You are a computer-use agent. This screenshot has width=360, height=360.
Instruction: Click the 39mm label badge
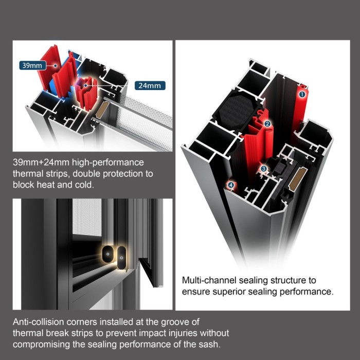pos(32,65)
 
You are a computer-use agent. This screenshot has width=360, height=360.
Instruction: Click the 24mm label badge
pos(150,86)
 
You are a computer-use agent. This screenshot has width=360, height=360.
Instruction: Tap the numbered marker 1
pos(302,94)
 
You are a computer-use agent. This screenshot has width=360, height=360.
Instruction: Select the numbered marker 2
pos(267,124)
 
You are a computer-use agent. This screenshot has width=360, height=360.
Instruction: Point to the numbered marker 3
pos(263,169)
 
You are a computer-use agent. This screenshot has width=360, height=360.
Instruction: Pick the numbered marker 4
pos(231,185)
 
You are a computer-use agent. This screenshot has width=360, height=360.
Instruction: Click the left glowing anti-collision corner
pos(107,254)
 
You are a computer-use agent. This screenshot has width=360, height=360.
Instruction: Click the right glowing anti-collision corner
pos(121,257)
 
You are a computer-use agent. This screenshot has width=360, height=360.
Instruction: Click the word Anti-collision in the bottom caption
pos(39,322)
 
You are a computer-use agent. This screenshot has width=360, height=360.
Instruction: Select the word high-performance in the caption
pos(108,163)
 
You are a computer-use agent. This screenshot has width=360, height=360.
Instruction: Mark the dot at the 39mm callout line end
pos(56,66)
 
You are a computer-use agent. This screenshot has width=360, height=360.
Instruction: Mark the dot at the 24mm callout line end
pos(85,85)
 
